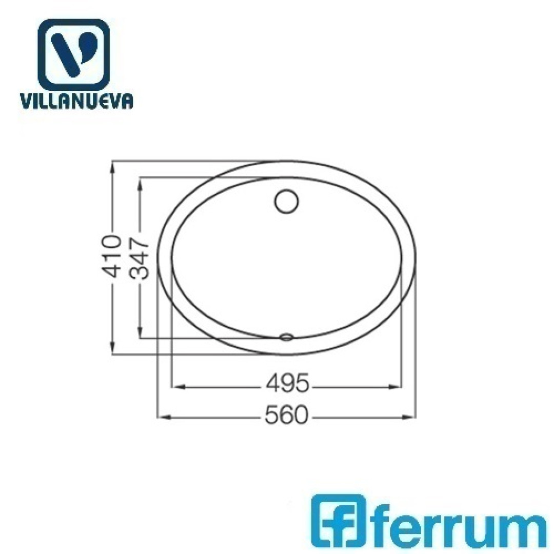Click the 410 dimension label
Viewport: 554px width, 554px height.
[111, 257]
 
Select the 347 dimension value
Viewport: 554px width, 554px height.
[139, 259]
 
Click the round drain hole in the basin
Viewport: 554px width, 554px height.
[287, 202]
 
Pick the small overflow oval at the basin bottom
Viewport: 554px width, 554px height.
[286, 337]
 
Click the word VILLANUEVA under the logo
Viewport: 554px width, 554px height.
[76, 101]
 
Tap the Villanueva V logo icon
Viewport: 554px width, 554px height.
[73, 55]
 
